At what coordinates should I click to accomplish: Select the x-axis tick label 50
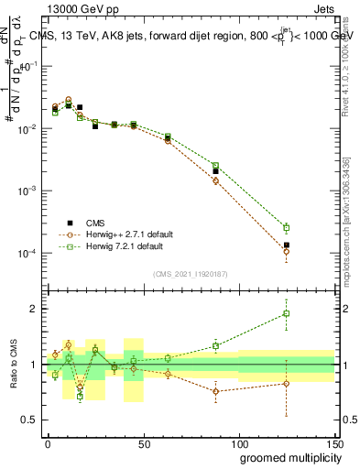[143, 442]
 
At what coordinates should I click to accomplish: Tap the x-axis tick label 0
[48, 442]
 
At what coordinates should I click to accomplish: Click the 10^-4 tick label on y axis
[27, 253]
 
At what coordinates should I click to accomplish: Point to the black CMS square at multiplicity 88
[215, 171]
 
